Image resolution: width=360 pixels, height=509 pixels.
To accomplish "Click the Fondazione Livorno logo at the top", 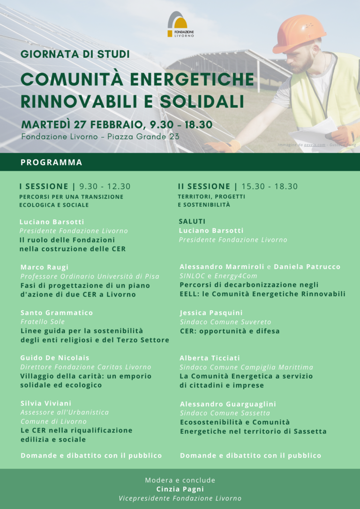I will (x=180, y=24).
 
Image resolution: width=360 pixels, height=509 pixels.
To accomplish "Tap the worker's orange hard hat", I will (x=300, y=33).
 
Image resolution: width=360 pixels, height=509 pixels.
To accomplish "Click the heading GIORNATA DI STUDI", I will (x=75, y=54).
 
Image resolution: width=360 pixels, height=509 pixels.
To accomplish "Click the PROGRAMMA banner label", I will (x=52, y=163).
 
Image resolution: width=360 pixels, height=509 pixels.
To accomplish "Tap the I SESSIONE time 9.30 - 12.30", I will (x=105, y=187).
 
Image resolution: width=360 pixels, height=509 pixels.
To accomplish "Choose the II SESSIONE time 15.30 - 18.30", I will (x=270, y=187).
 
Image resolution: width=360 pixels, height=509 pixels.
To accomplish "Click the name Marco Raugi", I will (x=45, y=267).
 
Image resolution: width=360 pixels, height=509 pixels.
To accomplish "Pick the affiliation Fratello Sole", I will (x=43, y=322).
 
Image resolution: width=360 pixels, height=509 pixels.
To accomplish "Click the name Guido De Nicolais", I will (x=55, y=358).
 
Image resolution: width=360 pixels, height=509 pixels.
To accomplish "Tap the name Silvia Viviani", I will (x=46, y=403).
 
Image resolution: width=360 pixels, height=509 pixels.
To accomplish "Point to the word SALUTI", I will (x=192, y=221).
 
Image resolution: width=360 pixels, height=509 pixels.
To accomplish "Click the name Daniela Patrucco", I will (x=307, y=267).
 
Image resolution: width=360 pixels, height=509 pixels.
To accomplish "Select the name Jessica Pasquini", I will (x=211, y=313).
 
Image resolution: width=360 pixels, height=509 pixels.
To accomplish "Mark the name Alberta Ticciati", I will (x=209, y=358).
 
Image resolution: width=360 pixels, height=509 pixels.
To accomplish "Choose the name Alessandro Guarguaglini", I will (x=228, y=404).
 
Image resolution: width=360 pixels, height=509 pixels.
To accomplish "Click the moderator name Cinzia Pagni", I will (x=180, y=489).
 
